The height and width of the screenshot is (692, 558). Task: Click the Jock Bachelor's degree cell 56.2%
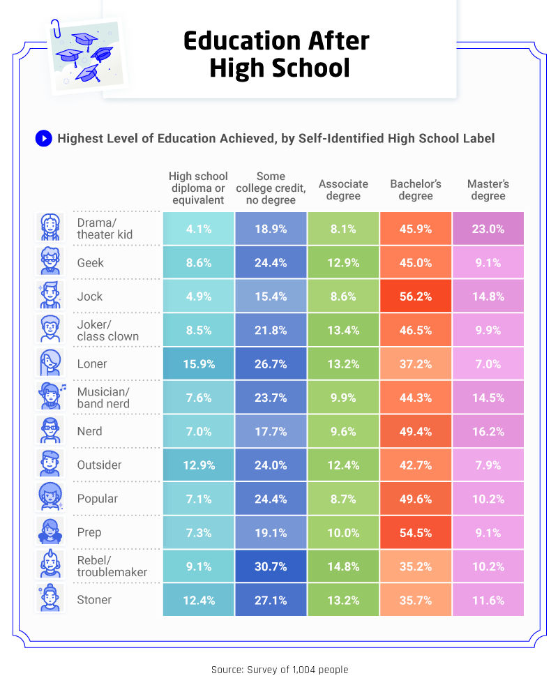[x=416, y=296]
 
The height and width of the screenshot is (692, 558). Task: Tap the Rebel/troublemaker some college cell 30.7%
[x=271, y=566]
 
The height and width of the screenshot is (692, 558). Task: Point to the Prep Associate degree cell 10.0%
[x=343, y=532]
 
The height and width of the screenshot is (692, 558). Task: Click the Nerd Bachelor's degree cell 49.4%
[x=416, y=431]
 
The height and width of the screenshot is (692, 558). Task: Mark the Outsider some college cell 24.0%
[x=271, y=465]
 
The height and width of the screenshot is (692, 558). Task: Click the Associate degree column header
[x=343, y=190]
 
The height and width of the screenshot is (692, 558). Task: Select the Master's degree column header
[x=488, y=190]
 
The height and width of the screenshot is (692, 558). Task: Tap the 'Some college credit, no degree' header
[x=271, y=188]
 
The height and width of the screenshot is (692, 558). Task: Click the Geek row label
[x=91, y=262]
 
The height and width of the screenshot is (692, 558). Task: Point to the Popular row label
[x=98, y=499]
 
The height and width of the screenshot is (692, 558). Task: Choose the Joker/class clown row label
[x=107, y=330]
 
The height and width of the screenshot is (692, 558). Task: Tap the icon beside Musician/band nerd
[x=50, y=396]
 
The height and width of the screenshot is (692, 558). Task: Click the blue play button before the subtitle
[x=43, y=138]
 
